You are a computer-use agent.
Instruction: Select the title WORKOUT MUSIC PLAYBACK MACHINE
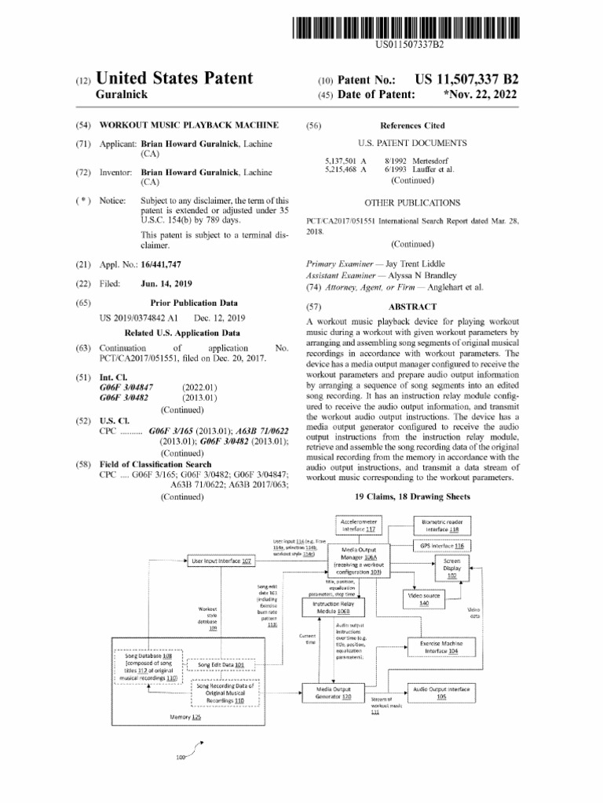click(x=189, y=125)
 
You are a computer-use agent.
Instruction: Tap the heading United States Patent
click(x=174, y=78)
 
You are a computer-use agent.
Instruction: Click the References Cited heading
click(x=412, y=125)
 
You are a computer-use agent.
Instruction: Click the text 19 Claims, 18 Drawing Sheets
click(x=412, y=496)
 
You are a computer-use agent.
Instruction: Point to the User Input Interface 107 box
click(x=223, y=561)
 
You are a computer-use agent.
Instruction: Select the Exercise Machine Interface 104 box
click(x=441, y=646)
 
